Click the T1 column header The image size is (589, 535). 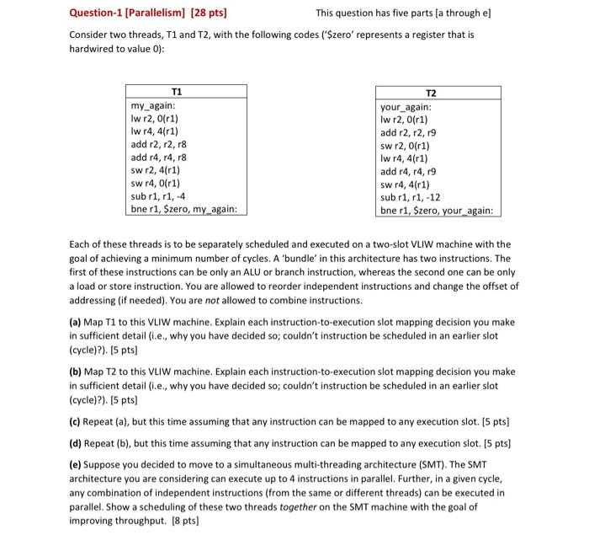[176, 92]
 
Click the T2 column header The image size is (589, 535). [432, 94]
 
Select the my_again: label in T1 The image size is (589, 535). [152, 105]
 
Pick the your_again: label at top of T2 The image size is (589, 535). [406, 107]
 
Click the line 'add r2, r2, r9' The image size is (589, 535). [408, 132]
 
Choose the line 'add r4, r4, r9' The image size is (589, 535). [408, 171]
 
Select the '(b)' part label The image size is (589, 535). [77, 372]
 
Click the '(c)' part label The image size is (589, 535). [77, 420]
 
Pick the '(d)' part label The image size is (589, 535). [77, 442]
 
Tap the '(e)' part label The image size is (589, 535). [77, 464]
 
